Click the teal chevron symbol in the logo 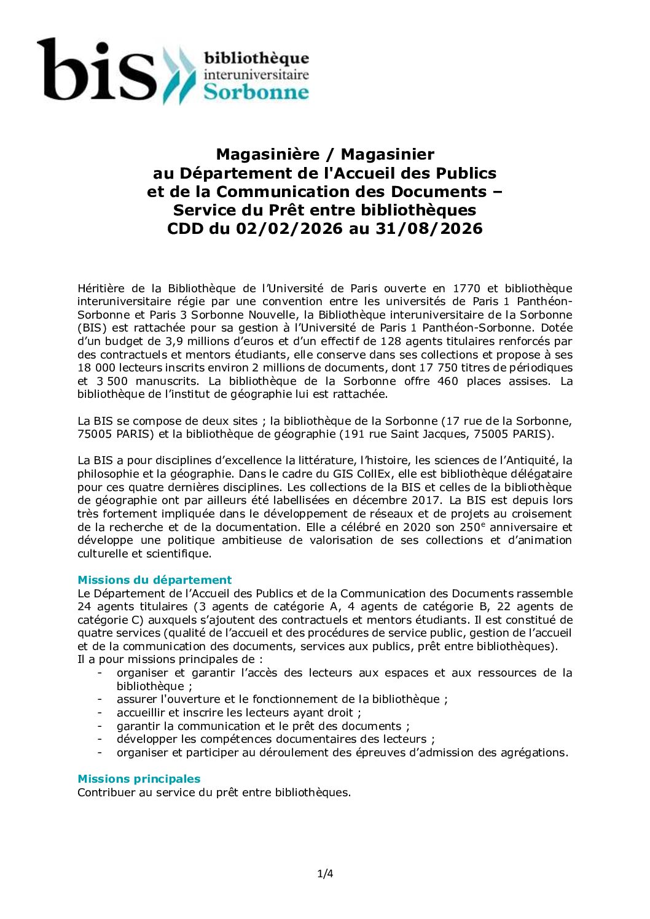pyautogui.click(x=179, y=75)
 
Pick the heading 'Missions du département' pyautogui.click(x=154, y=580)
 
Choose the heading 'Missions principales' pyautogui.click(x=139, y=779)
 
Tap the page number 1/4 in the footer pyautogui.click(x=325, y=874)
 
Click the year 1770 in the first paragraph pyautogui.click(x=466, y=289)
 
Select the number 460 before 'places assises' pyautogui.click(x=447, y=381)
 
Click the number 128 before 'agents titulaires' pyautogui.click(x=391, y=341)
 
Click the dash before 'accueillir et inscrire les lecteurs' pyautogui.click(x=100, y=713)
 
